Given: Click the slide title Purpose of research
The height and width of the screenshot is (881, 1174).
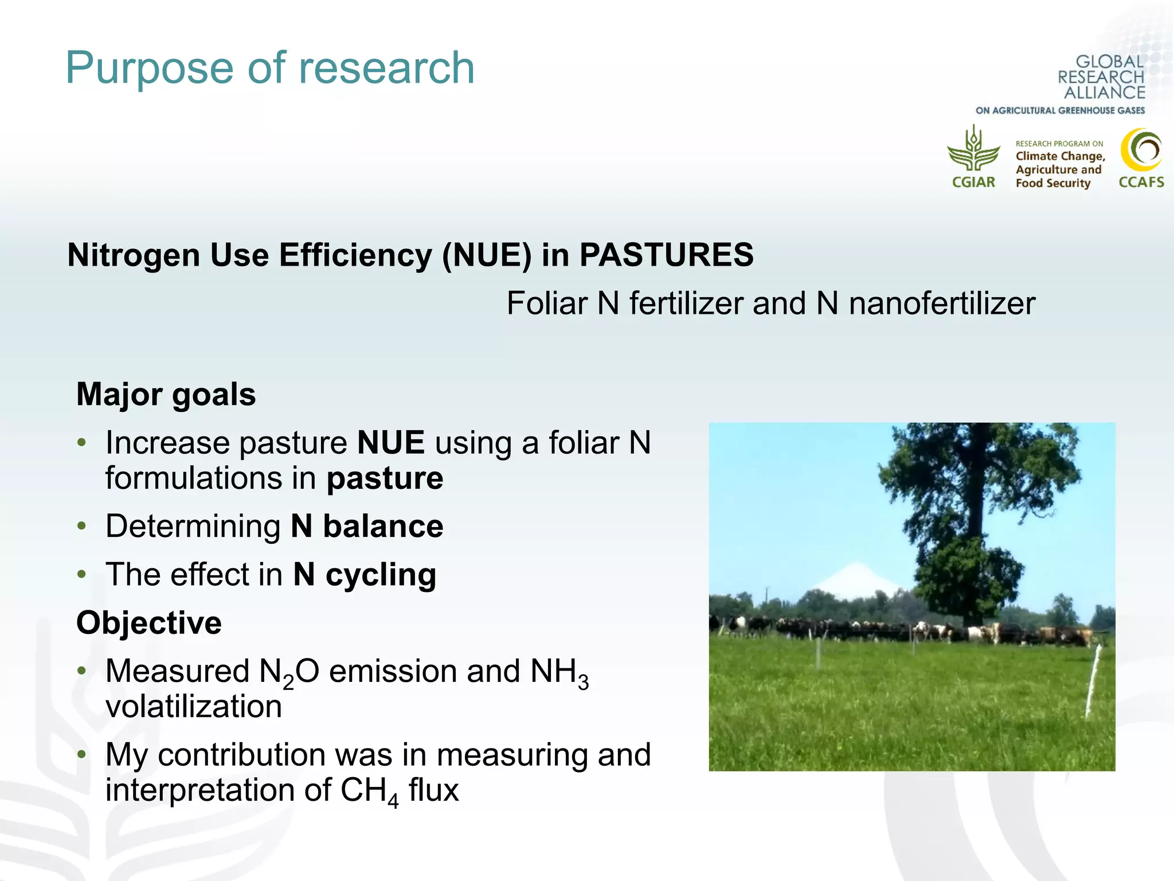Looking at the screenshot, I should [x=270, y=68].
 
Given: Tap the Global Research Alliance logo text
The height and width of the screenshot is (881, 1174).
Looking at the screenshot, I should [x=1101, y=77].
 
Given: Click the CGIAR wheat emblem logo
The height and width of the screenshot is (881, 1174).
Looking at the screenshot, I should [x=973, y=150].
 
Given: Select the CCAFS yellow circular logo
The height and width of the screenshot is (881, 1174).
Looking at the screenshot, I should [x=1141, y=150].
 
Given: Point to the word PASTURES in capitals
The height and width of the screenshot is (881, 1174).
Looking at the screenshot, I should [x=666, y=255].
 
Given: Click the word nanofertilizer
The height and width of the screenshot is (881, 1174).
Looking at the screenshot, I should [x=942, y=303].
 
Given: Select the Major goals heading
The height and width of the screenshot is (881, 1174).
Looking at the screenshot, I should [x=166, y=395].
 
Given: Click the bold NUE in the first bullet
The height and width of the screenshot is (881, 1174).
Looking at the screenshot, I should [x=390, y=443].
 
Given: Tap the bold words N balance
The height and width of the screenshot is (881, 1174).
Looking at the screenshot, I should [x=367, y=526].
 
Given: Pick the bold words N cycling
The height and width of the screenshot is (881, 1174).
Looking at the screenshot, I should [x=365, y=575].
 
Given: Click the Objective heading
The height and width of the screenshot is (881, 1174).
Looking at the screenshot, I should [x=149, y=623].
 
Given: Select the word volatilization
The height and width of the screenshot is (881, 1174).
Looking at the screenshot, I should [x=194, y=707].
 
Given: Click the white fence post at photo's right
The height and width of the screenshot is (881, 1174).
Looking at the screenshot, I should [x=1093, y=680].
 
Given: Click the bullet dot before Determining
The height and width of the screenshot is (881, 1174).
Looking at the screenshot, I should [x=82, y=526].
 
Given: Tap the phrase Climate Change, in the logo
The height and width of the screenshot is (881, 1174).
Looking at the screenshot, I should [x=1060, y=156].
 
